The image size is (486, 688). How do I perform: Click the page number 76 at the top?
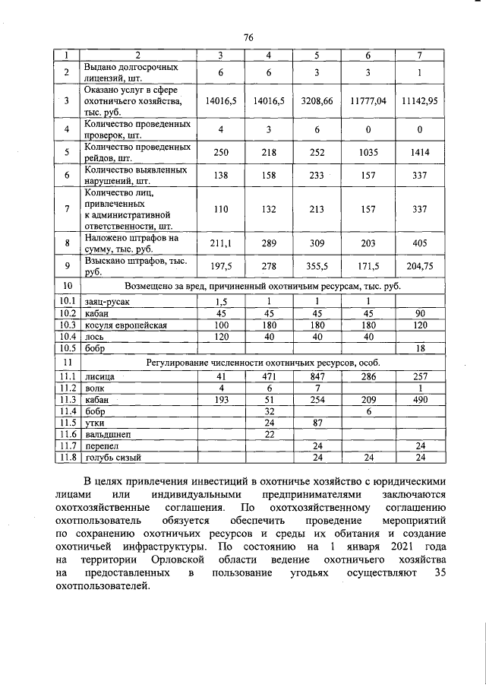pos(248,38)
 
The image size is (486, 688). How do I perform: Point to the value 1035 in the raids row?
pos(368,152)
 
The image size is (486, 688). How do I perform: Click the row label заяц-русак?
pos(106,300)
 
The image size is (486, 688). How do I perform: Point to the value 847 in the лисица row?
pos(318,376)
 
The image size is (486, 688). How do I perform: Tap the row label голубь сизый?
pos(113,458)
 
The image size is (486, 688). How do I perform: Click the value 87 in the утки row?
pos(318,422)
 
